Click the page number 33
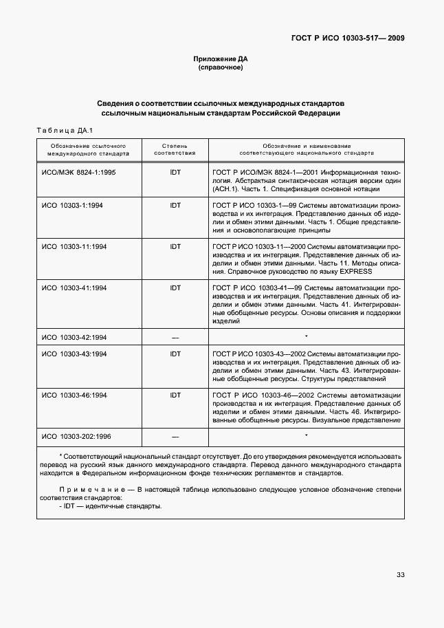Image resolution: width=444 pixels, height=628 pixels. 400,576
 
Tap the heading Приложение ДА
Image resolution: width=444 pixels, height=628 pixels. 221,58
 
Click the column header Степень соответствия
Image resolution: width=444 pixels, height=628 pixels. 175,150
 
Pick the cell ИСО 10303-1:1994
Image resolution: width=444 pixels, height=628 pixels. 73,205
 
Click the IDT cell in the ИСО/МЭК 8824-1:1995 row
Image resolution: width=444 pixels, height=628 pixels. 175,172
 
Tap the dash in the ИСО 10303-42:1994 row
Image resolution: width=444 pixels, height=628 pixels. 175,337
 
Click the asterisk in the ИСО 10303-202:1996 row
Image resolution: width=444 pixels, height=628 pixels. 306,435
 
